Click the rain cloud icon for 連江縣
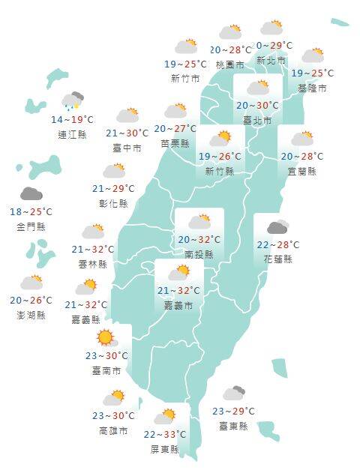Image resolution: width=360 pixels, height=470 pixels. (x=73, y=101)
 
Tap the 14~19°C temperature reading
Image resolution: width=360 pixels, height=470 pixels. (x=73, y=120)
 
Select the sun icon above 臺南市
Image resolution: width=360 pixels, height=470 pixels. (x=105, y=337)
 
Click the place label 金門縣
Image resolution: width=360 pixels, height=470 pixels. (x=31, y=226)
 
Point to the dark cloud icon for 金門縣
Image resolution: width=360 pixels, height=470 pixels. (x=31, y=194)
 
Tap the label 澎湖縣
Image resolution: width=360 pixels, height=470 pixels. (x=31, y=315)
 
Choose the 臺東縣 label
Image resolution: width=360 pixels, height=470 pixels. (x=233, y=426)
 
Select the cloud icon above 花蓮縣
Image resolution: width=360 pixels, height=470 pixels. (x=277, y=227)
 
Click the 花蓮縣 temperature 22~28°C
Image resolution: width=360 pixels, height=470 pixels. (x=277, y=245)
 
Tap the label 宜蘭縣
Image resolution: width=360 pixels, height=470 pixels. (x=301, y=171)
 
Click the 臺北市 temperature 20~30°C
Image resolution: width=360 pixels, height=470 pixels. (x=258, y=106)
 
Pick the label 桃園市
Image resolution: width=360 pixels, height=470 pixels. (x=230, y=64)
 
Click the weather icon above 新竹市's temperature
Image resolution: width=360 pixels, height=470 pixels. (x=185, y=46)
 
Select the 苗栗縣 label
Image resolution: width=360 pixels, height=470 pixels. (x=175, y=143)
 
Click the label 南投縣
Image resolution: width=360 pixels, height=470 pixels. (x=199, y=254)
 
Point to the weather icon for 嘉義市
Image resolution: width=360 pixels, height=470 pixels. (x=178, y=272)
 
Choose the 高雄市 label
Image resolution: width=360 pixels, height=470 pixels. (x=113, y=431)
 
